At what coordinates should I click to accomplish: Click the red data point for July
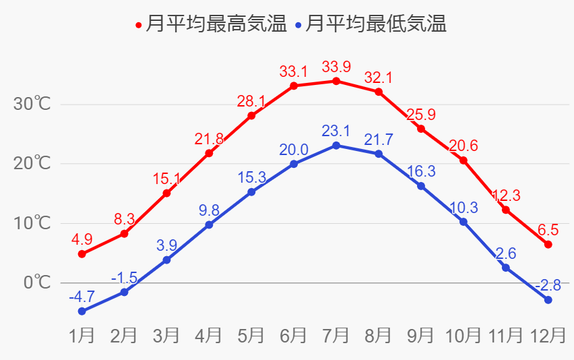click(x=336, y=81)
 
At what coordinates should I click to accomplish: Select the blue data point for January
click(x=82, y=311)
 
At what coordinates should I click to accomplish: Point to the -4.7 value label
click(x=82, y=296)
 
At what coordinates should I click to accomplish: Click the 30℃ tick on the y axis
click(x=32, y=104)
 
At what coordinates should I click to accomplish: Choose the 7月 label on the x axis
click(x=336, y=335)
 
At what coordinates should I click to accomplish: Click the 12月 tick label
click(x=548, y=335)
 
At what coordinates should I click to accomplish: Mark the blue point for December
click(x=548, y=300)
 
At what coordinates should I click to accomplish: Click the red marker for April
click(x=209, y=153)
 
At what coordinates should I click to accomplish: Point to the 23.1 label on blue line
click(x=336, y=131)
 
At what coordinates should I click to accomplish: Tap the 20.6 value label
click(x=464, y=146)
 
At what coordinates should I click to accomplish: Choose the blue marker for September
click(x=421, y=186)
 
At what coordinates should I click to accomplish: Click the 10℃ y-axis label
click(x=32, y=222)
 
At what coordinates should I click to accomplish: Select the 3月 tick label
click(x=166, y=335)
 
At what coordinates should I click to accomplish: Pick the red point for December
click(x=548, y=244)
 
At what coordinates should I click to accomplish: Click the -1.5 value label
click(x=124, y=278)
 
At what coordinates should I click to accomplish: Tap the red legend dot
click(x=139, y=26)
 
